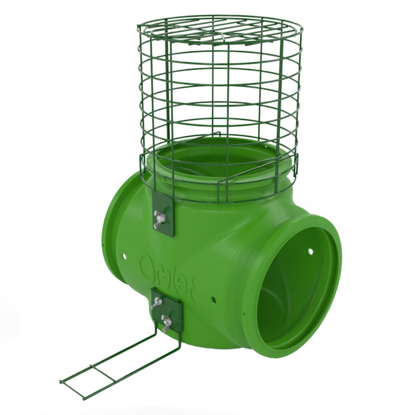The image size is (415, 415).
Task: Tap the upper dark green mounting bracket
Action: point(163,212)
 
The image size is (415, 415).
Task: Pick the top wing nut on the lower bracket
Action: point(156,302)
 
